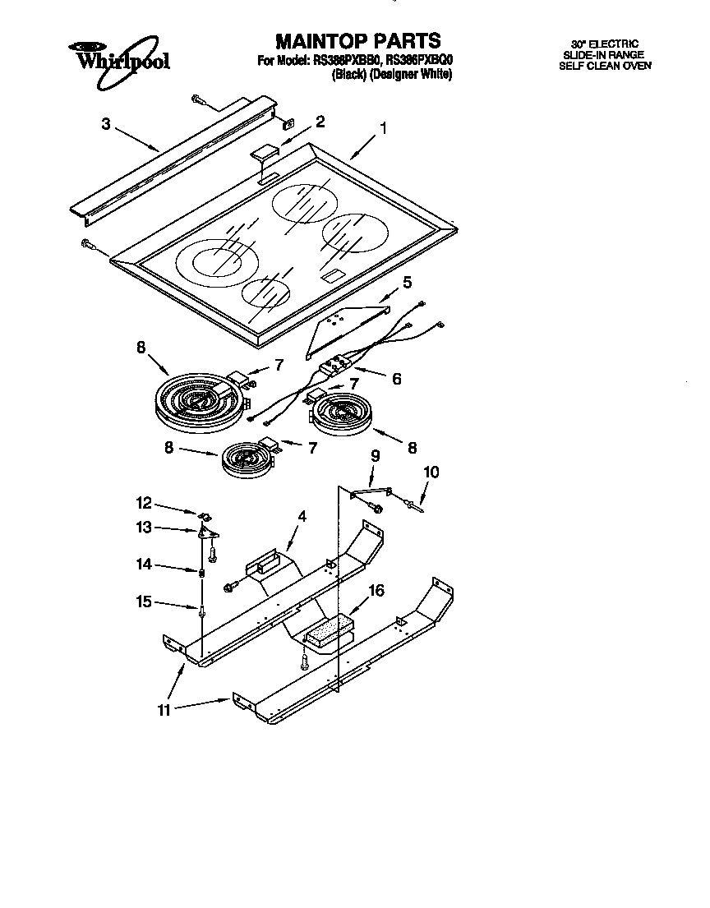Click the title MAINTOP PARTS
(357, 40)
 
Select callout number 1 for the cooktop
(383, 129)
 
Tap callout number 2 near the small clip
(320, 122)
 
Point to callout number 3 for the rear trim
(106, 124)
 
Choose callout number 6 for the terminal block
(396, 379)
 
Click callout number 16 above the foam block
(376, 590)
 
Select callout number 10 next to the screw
(431, 472)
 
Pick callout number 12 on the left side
(144, 502)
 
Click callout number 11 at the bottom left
(164, 710)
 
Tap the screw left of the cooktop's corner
(90, 243)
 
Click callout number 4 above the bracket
(302, 517)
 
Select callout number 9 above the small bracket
(376, 455)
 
